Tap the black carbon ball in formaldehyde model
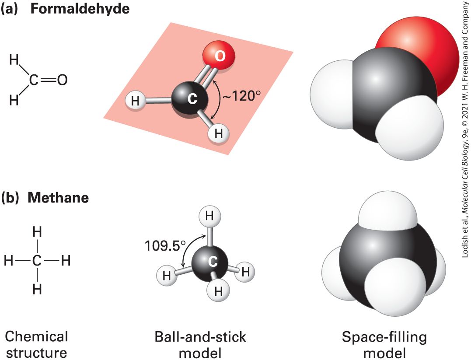(x=190, y=99)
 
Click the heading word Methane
(x=58, y=197)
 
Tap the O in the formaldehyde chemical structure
(x=62, y=80)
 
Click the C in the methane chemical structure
(x=37, y=261)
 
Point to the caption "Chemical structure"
(x=36, y=344)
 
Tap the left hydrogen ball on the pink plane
(x=135, y=101)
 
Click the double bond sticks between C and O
(x=205, y=75)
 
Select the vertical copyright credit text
(x=465, y=129)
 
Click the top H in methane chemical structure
(x=37, y=232)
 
